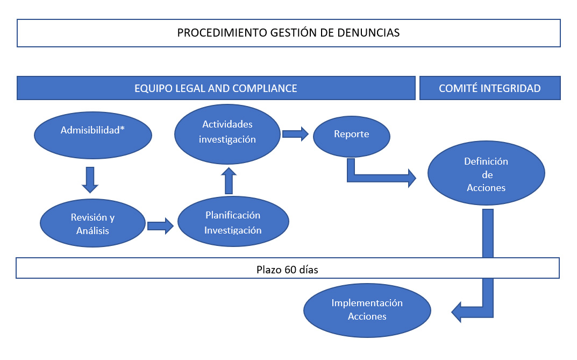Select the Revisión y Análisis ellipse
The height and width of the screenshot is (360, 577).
93,224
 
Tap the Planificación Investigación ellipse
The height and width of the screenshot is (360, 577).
233,222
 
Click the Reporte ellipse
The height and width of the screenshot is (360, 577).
351,135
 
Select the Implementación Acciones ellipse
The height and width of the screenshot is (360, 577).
367,310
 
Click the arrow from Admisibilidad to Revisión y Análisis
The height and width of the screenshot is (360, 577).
90,180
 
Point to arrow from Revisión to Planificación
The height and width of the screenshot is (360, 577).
160,226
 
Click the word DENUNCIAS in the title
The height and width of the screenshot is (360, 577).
373,33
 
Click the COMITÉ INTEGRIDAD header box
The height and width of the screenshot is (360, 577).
489,88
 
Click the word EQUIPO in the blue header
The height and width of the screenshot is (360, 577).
152,88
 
